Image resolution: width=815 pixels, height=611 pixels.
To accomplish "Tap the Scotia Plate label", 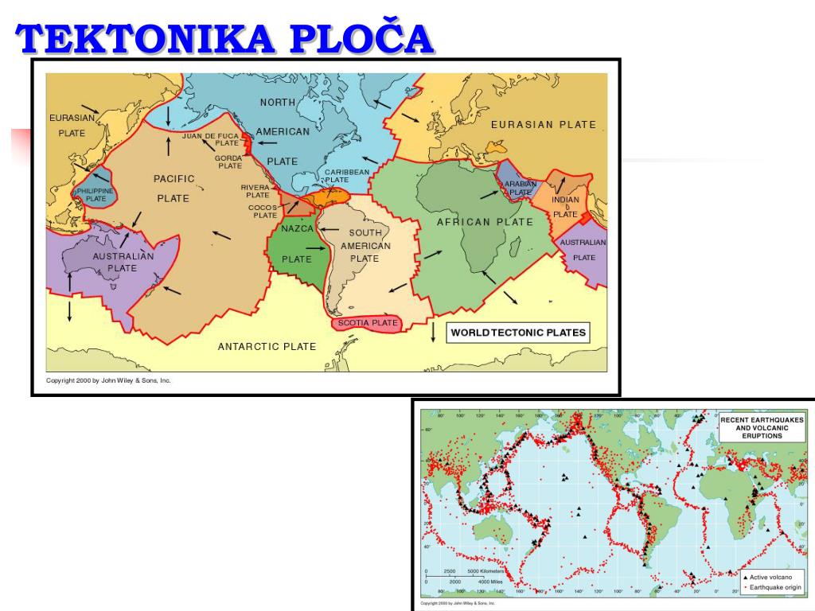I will tap(368, 323).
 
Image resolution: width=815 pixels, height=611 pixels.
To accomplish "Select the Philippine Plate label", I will tap(96, 195).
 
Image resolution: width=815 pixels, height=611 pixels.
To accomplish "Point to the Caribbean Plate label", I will tap(347, 176).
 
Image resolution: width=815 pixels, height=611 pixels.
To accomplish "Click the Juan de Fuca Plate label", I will tap(210, 139).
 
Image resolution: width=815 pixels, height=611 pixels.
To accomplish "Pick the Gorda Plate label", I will tap(229, 162).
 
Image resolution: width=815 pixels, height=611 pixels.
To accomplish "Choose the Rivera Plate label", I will tap(256, 191).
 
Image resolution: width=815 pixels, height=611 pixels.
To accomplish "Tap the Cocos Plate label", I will tap(264, 212).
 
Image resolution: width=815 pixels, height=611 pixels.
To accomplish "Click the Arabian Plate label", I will tap(520, 188).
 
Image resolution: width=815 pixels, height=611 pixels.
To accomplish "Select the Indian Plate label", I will tap(565, 207).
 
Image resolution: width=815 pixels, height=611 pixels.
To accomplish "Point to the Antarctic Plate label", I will tap(267, 346).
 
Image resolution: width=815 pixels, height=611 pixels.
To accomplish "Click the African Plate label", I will tap(485, 222).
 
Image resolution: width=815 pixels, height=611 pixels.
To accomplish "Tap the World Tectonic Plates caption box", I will tap(518, 333).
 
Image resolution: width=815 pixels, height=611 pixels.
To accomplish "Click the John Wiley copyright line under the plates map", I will tap(108, 380).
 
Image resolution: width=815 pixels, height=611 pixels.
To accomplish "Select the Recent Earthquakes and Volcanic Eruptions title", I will tap(762, 427).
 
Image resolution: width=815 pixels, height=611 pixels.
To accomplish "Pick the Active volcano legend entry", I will tap(770, 577).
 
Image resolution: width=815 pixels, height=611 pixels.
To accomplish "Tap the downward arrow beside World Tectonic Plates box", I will tap(433, 332).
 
